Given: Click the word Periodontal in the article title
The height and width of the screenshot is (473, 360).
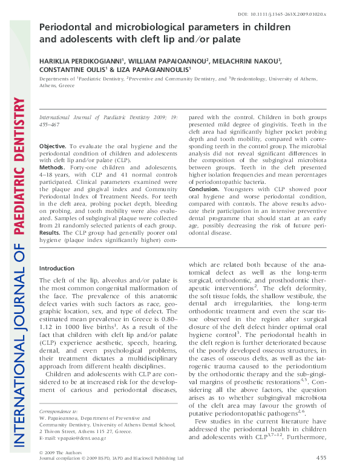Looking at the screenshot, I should click(x=67, y=27).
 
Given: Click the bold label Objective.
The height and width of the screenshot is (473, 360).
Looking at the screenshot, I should click(x=53, y=147).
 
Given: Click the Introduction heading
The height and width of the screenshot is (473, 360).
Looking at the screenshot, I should click(x=56, y=268).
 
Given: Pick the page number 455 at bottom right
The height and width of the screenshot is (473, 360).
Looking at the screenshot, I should click(x=322, y=458).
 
